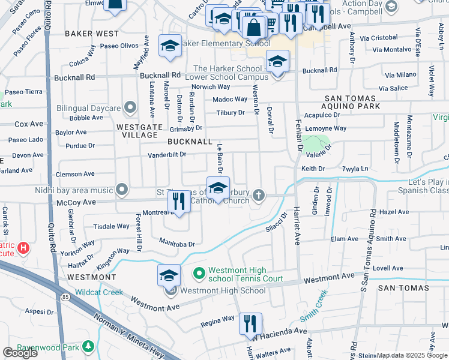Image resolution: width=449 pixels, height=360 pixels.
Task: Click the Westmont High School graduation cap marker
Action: pos(169,275)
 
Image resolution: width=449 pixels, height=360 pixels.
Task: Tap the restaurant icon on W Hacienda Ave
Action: pos(250,323)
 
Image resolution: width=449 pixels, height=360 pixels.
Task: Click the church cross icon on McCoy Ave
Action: pos(259,194)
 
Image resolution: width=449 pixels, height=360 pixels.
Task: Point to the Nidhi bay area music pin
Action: pos(122,190)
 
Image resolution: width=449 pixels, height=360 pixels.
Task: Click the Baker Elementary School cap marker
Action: pos(170,46)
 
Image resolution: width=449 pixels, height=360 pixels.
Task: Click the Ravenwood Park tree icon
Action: pos(88,346)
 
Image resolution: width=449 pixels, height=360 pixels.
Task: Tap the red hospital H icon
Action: pos(23,247)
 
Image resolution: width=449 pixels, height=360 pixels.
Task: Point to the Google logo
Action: pos(20,353)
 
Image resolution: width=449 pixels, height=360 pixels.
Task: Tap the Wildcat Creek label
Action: pos(98,293)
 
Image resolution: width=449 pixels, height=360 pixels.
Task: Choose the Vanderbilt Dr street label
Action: pos(168,155)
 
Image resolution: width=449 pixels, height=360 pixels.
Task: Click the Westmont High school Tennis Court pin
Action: pos(199,274)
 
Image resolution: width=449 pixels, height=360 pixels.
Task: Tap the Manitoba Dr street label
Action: pos(177,244)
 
